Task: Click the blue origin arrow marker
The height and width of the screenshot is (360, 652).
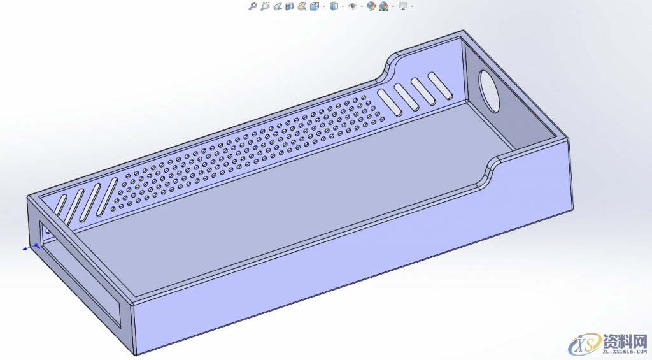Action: pyautogui.click(x=31, y=247)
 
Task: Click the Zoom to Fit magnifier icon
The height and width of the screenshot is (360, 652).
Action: pyautogui.click(x=252, y=6)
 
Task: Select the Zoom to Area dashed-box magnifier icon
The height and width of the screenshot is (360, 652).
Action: pyautogui.click(x=265, y=6)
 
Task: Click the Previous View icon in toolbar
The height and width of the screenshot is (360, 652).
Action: pyautogui.click(x=277, y=6)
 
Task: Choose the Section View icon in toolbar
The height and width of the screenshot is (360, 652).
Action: pyautogui.click(x=290, y=6)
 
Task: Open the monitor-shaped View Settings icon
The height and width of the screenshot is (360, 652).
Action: pyautogui.click(x=402, y=6)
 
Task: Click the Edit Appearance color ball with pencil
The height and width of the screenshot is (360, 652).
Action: pyautogui.click(x=371, y=6)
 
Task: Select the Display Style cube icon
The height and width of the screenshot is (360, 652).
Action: pyautogui.click(x=333, y=6)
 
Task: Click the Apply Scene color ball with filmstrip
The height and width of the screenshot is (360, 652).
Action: pyautogui.click(x=384, y=6)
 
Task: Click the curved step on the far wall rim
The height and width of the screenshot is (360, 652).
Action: pyautogui.click(x=388, y=66)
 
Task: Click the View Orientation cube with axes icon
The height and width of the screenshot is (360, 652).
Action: pyautogui.click(x=315, y=6)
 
